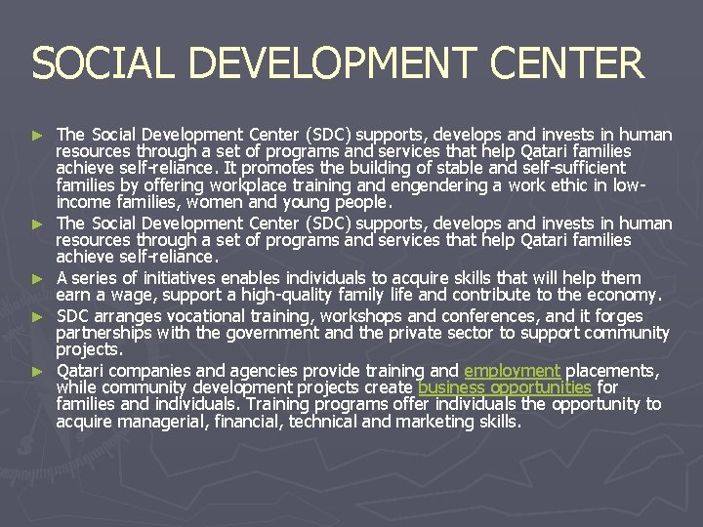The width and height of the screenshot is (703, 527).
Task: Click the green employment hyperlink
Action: [512, 371]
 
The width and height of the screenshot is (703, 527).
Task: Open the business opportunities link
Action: [504, 387]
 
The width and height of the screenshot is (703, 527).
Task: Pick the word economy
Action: [625, 295]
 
